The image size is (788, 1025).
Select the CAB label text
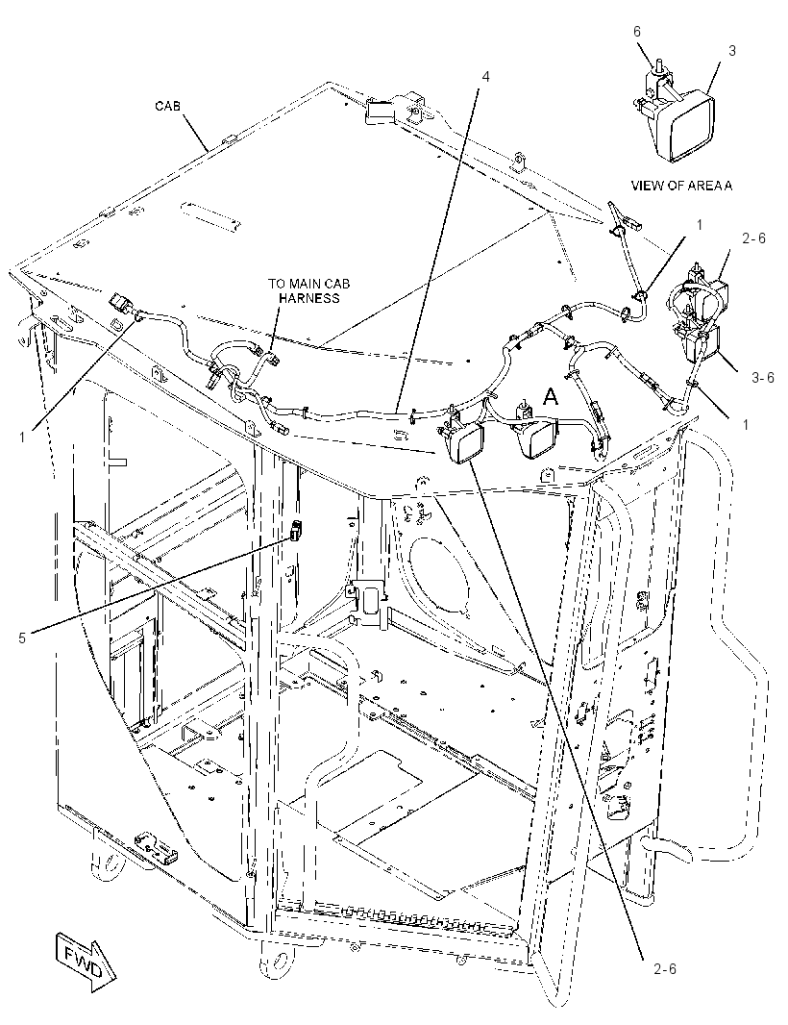click(168, 105)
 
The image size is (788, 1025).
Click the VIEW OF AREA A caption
click(681, 186)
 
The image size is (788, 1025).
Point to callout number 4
click(485, 77)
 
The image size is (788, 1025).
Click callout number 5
click(22, 638)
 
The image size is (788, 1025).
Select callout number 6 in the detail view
click(637, 32)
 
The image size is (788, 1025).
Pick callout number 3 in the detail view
click(732, 50)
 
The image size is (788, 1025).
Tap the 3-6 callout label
click(762, 377)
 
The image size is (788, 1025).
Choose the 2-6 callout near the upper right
click(753, 238)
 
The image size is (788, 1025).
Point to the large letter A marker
click(552, 397)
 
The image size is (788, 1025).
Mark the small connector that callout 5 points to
click(296, 530)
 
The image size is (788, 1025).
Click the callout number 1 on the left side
click(22, 437)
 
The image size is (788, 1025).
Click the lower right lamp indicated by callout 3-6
click(700, 343)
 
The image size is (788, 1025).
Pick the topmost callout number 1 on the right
click(700, 225)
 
